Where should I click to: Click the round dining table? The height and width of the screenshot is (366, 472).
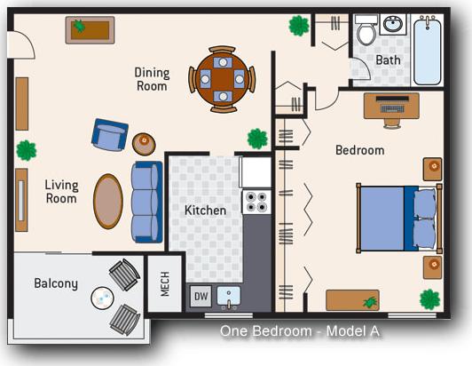222,79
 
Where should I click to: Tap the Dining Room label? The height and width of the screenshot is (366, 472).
151,79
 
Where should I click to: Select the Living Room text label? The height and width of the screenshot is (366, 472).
62,192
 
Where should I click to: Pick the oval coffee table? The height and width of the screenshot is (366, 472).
109,202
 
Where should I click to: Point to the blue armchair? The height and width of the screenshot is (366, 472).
110,135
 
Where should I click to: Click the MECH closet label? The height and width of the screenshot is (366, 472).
163,283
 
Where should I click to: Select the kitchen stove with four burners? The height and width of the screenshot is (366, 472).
256,202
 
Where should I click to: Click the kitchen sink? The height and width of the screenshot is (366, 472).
230,296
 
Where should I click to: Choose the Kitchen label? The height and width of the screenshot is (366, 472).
205,211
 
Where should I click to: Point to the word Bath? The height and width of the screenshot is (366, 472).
388,60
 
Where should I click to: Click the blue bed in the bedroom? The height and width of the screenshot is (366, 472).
397,217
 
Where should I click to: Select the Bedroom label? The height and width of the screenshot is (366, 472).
359,150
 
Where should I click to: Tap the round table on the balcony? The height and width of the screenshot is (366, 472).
104,298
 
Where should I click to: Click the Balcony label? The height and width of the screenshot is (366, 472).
56,284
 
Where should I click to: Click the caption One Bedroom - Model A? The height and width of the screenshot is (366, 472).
300,330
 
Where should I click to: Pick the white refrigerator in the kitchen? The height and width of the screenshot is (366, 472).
256,171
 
